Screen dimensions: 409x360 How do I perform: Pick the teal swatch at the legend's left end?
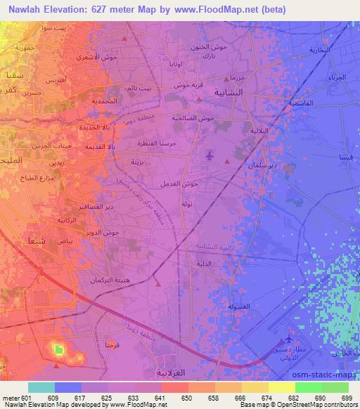(x=41, y=387)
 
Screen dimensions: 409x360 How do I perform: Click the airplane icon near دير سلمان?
(x=210, y=155)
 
